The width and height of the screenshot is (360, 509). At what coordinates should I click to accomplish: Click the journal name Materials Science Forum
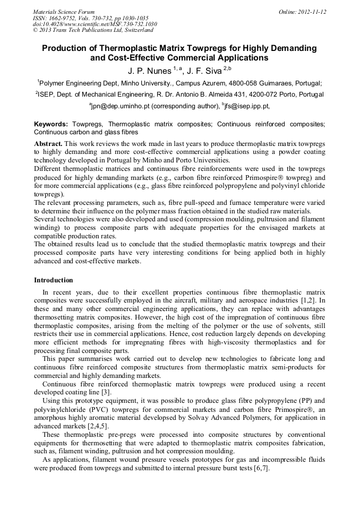(x=64, y=12)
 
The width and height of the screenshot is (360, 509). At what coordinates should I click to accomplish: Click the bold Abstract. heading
(x=48, y=144)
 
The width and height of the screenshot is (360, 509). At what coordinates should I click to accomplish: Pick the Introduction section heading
(x=54, y=280)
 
